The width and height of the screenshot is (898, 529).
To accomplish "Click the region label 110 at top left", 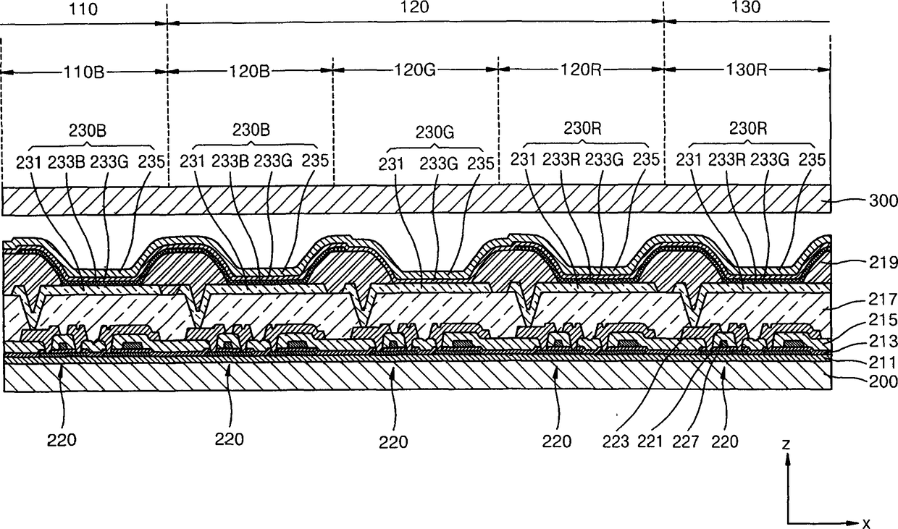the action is click(83, 9).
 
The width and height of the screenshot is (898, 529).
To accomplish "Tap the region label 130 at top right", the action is click(746, 7).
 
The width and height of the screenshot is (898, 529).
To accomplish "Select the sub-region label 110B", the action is click(84, 72).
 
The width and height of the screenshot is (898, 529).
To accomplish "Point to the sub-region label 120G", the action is click(415, 70).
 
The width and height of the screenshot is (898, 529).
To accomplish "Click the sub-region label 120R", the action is click(581, 70).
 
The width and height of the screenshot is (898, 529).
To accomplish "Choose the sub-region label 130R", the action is click(747, 70).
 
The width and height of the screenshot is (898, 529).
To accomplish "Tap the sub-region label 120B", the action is click(249, 71).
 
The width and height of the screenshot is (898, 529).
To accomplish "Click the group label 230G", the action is click(435, 132).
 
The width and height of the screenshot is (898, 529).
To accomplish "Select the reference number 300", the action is click(884, 200).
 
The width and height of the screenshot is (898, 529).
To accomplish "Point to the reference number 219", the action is click(884, 263).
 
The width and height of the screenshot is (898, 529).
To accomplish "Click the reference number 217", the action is click(884, 299).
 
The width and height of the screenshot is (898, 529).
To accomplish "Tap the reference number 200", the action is click(884, 381).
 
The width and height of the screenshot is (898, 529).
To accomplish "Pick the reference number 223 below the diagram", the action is click(616, 441).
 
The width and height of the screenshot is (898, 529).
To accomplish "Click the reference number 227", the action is click(686, 441).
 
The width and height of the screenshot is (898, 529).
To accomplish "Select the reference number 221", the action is click(650, 441).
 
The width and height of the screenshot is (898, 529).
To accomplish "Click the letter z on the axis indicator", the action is click(786, 444).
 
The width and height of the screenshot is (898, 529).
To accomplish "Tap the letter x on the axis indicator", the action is click(866, 523).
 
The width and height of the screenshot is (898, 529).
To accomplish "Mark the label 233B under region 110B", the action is click(67, 162).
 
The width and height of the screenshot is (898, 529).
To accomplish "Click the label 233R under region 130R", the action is click(727, 160).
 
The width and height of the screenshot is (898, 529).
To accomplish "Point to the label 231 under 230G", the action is click(391, 164).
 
